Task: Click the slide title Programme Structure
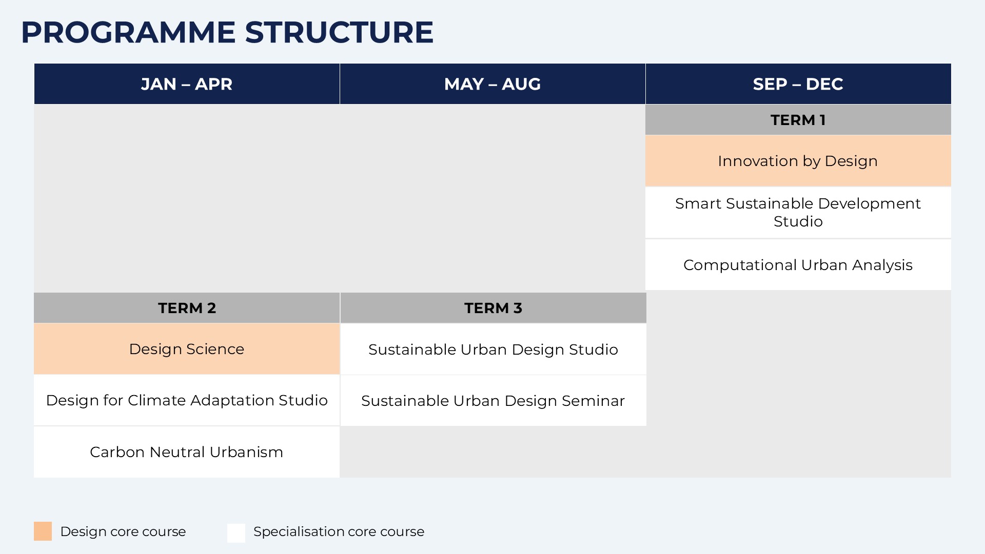tap(227, 32)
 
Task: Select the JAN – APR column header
tap(187, 84)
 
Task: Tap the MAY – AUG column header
tap(493, 84)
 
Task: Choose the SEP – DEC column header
tap(798, 84)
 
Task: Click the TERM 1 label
tap(798, 120)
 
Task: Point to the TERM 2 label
tap(187, 308)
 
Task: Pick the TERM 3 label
tap(493, 308)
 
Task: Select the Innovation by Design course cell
tap(798, 161)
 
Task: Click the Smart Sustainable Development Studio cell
tap(798, 213)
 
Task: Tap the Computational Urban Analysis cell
tap(798, 265)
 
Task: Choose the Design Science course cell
tap(187, 349)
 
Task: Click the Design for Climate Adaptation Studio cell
tap(187, 400)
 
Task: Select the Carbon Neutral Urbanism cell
tap(187, 452)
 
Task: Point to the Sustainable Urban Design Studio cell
tap(493, 350)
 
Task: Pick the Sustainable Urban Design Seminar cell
tap(493, 401)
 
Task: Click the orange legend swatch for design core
tap(43, 531)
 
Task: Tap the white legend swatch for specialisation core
tap(237, 533)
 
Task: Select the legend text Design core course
tap(123, 531)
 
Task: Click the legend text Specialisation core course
tap(339, 531)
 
